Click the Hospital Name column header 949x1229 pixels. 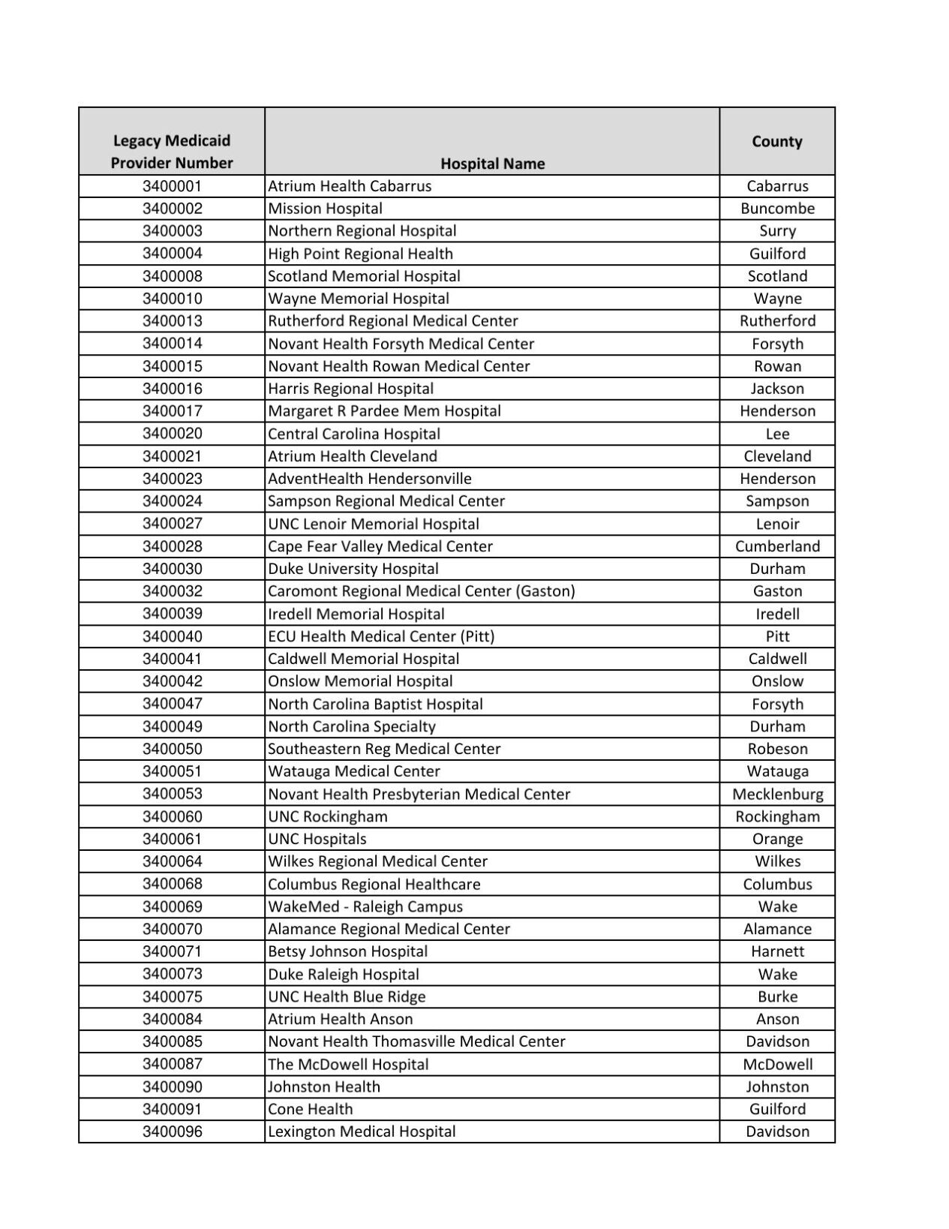pos(492,164)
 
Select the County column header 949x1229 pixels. pos(777,141)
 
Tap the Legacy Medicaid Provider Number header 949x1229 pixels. pos(172,152)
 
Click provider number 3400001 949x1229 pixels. pos(172,186)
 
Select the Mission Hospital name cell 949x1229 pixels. pos(325,209)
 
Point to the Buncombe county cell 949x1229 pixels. pos(777,209)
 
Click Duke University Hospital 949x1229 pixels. pos(353,569)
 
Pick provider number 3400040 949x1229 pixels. pos(172,636)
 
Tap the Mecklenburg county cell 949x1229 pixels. pos(777,794)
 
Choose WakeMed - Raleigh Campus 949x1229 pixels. pos(365,906)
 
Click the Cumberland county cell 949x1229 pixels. pos(777,546)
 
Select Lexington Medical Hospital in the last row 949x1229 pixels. pos(362,1131)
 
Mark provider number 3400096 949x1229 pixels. pos(172,1131)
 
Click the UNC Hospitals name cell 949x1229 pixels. pos(317,839)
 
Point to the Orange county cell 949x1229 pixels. pos(777,839)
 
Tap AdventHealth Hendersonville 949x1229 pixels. pos(370,479)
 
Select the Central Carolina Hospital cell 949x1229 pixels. pos(354,434)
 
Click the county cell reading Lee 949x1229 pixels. pos(777,434)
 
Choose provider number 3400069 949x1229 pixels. pos(172,906)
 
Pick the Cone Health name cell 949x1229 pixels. pos(310,1109)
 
